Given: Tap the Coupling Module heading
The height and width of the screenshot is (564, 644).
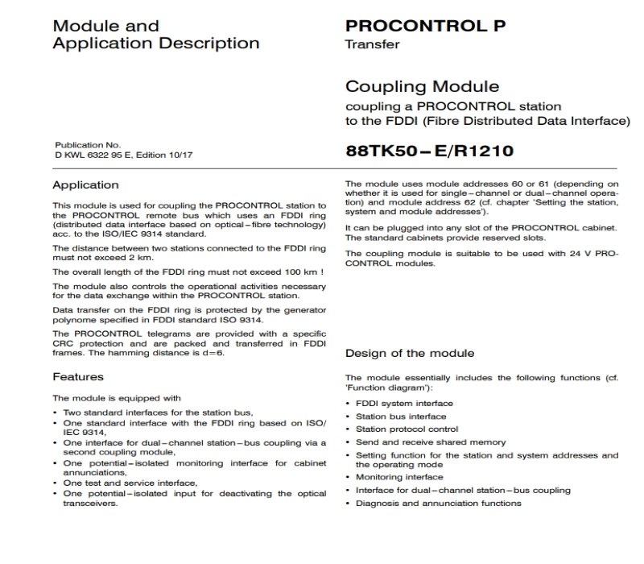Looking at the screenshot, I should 422,86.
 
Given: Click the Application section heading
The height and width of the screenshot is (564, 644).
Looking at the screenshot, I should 85,185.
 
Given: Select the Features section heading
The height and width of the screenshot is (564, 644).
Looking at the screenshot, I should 79,376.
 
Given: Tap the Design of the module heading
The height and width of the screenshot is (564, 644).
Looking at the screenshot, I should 409,353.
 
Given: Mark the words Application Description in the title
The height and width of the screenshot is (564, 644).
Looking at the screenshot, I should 155,43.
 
